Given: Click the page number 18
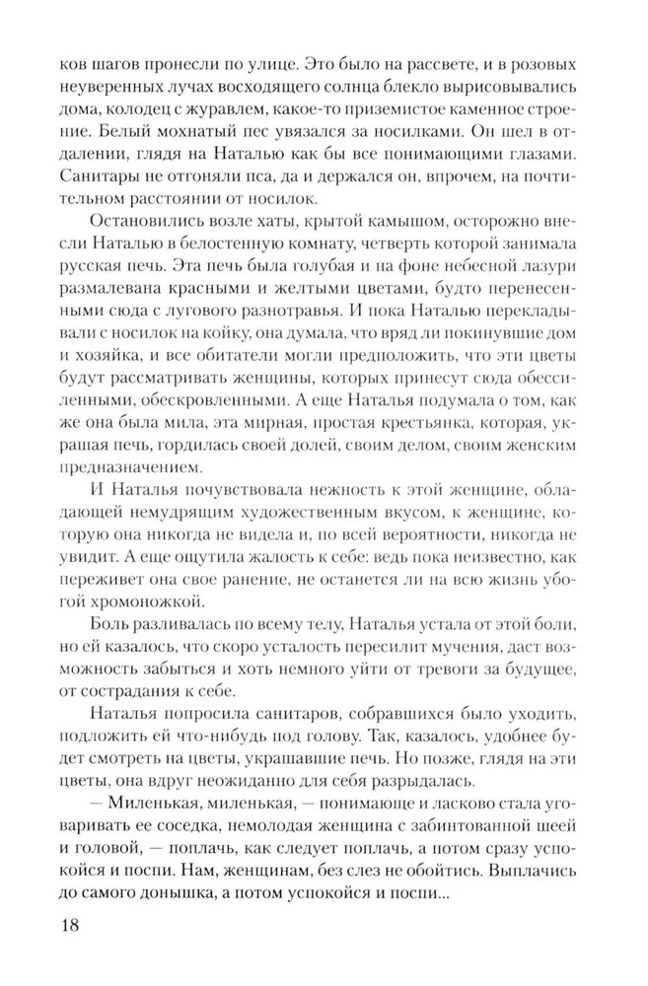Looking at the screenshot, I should tap(46, 926).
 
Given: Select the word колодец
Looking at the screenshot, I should tap(123, 115).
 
